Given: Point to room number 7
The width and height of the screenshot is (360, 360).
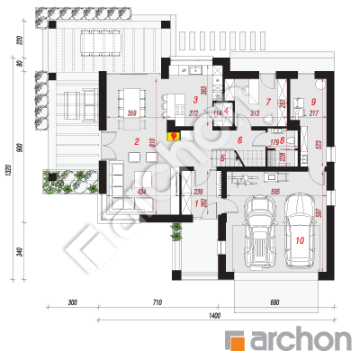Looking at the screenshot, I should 268,101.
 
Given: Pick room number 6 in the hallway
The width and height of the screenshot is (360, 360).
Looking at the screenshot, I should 240,140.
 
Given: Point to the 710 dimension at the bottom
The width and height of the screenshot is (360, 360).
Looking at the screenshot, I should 156,301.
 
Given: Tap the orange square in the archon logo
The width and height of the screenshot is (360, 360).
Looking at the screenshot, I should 238,340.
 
